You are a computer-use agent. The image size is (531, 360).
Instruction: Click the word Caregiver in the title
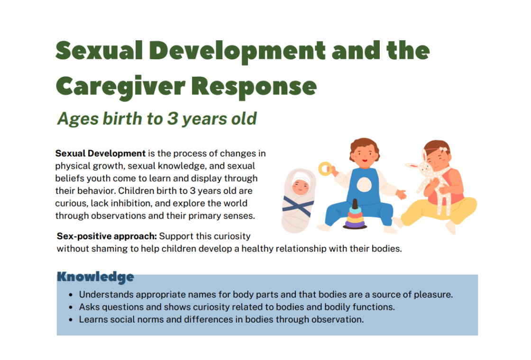pyautogui.click(x=120, y=87)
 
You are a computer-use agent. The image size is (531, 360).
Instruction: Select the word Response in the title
pyautogui.click(x=254, y=87)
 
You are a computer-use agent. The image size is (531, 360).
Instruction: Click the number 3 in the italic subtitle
pyautogui.click(x=173, y=118)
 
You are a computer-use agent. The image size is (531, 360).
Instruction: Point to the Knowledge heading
pyautogui.click(x=95, y=277)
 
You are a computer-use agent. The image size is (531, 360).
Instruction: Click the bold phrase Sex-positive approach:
pyautogui.click(x=107, y=236)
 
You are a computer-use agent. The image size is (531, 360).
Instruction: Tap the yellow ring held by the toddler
pyautogui.click(x=325, y=169)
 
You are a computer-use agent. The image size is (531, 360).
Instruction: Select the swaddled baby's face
pyautogui.click(x=301, y=187)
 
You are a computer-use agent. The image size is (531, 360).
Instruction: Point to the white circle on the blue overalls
pyautogui.click(x=364, y=184)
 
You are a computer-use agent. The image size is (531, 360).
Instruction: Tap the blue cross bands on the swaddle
pyautogui.click(x=298, y=206)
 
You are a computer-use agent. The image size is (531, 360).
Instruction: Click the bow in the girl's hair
pyautogui.click(x=443, y=149)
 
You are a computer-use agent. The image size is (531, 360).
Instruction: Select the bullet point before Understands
pyautogui.click(x=71, y=295)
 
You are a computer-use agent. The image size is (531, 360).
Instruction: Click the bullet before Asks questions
pyautogui.click(x=71, y=307)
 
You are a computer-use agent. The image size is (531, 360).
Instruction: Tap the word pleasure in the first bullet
pyautogui.click(x=433, y=295)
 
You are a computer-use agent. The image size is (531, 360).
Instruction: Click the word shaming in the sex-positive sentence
pyautogui.click(x=110, y=249)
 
